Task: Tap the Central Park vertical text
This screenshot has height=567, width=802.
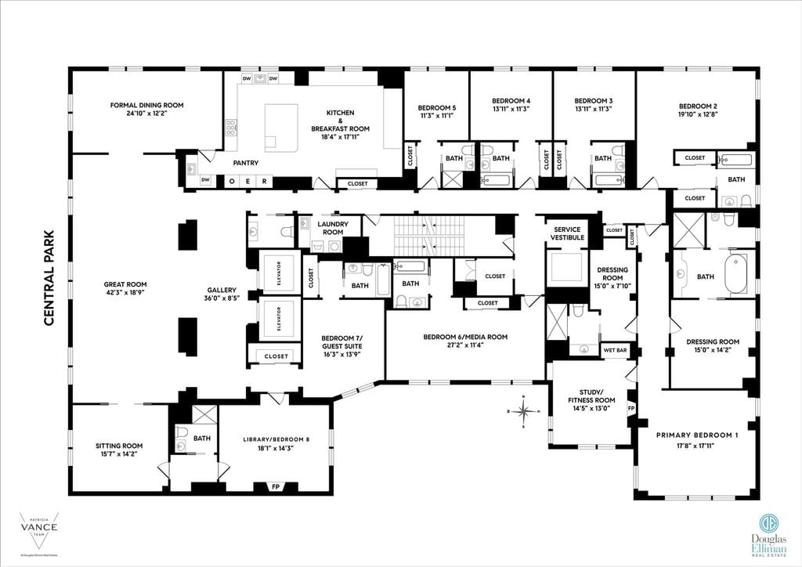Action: [49, 277]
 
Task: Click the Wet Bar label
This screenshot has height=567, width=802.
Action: [614, 350]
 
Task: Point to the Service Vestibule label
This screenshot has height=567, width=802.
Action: [567, 233]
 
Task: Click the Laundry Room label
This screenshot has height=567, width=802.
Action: [333, 228]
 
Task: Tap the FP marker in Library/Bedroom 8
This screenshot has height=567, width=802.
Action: [275, 487]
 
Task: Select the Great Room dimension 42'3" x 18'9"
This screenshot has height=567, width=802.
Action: [125, 293]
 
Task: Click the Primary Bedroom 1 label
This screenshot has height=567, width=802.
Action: [696, 435]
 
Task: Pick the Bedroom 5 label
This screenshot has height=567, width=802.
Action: [436, 107]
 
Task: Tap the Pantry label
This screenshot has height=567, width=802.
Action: [245, 163]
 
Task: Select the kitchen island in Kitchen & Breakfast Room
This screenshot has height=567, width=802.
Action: [281, 127]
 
